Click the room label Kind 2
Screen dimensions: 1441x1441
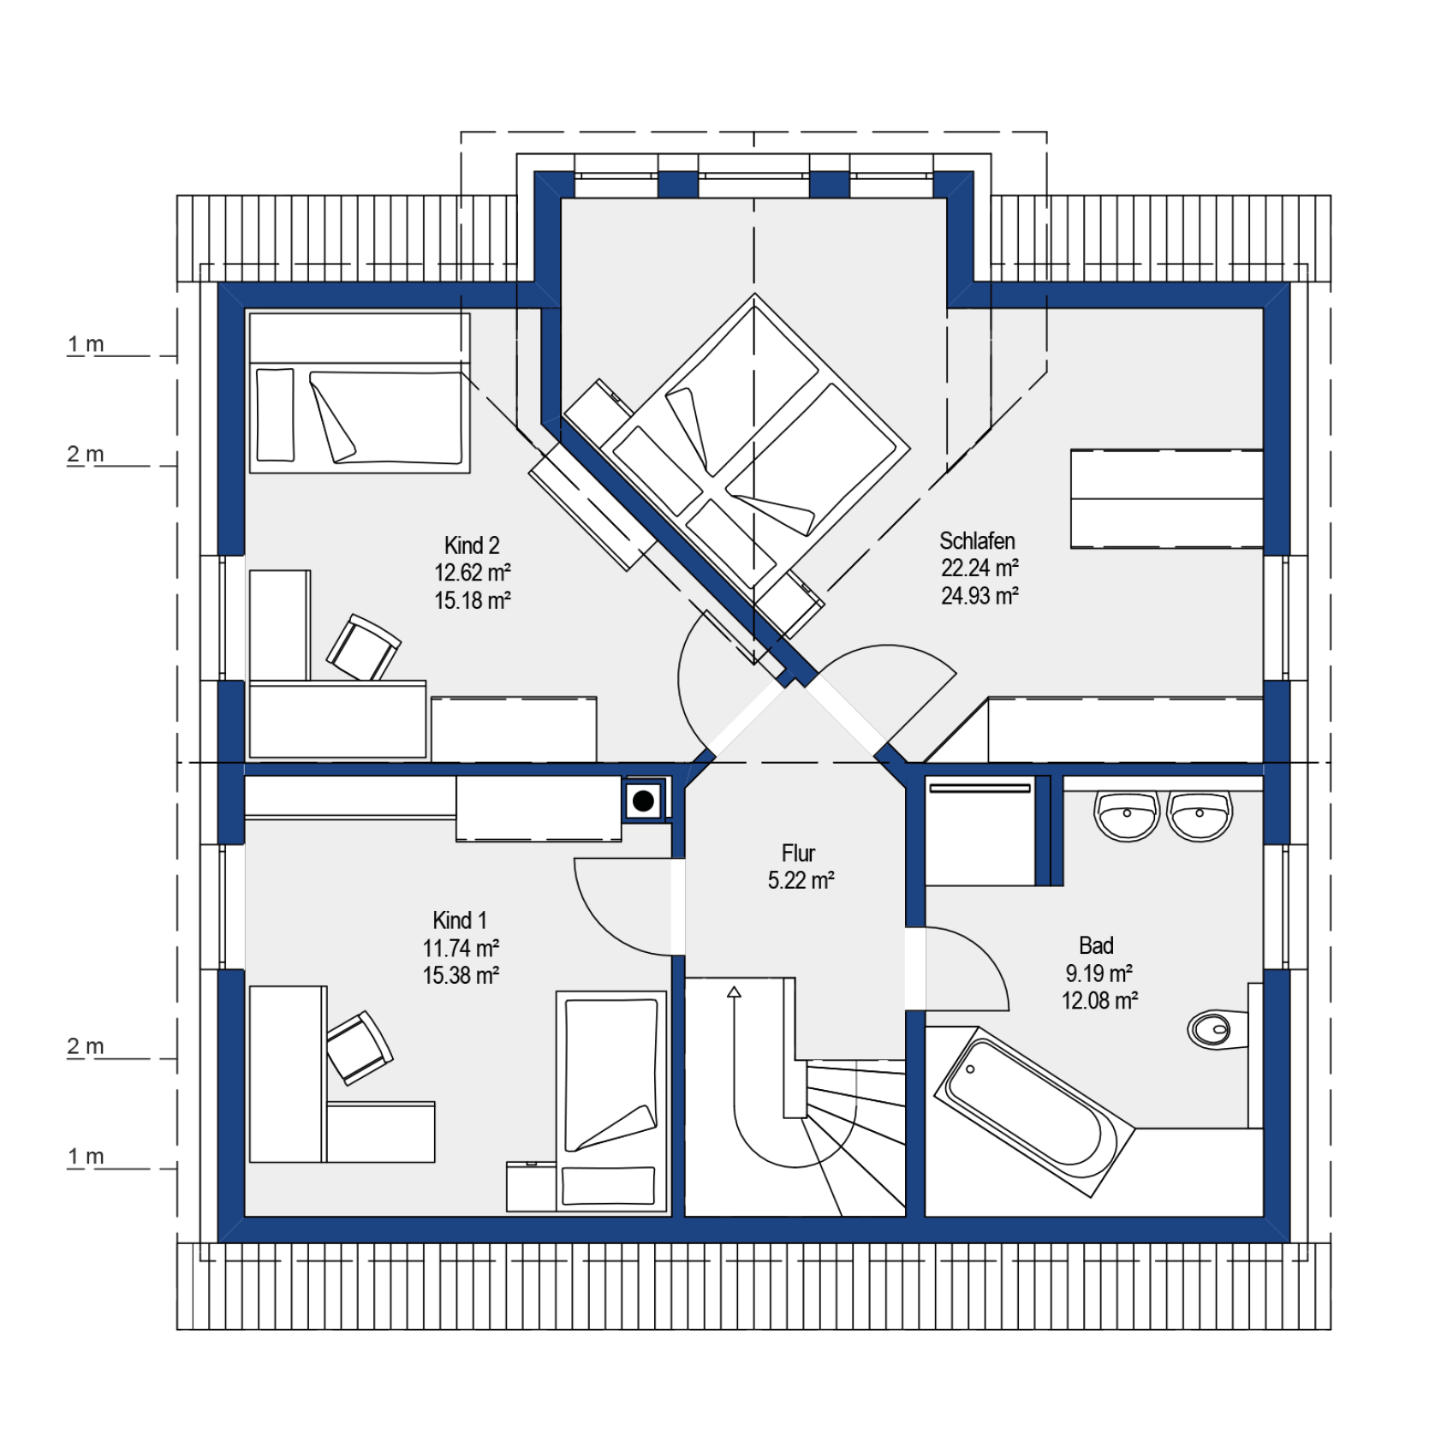471,545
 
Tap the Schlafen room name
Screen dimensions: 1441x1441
977,541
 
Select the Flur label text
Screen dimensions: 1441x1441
798,853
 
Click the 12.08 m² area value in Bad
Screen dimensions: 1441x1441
1099,1000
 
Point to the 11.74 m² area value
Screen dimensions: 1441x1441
461,948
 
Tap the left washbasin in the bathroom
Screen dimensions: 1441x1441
1127,816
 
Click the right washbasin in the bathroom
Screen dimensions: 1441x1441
1200,816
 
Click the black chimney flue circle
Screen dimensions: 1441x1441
644,801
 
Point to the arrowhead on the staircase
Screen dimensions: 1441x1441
734,992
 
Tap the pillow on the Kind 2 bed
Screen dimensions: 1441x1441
275,415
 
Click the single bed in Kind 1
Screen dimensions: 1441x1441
611,1101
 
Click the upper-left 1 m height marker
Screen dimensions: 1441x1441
86,344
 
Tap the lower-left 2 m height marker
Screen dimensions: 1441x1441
86,1046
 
